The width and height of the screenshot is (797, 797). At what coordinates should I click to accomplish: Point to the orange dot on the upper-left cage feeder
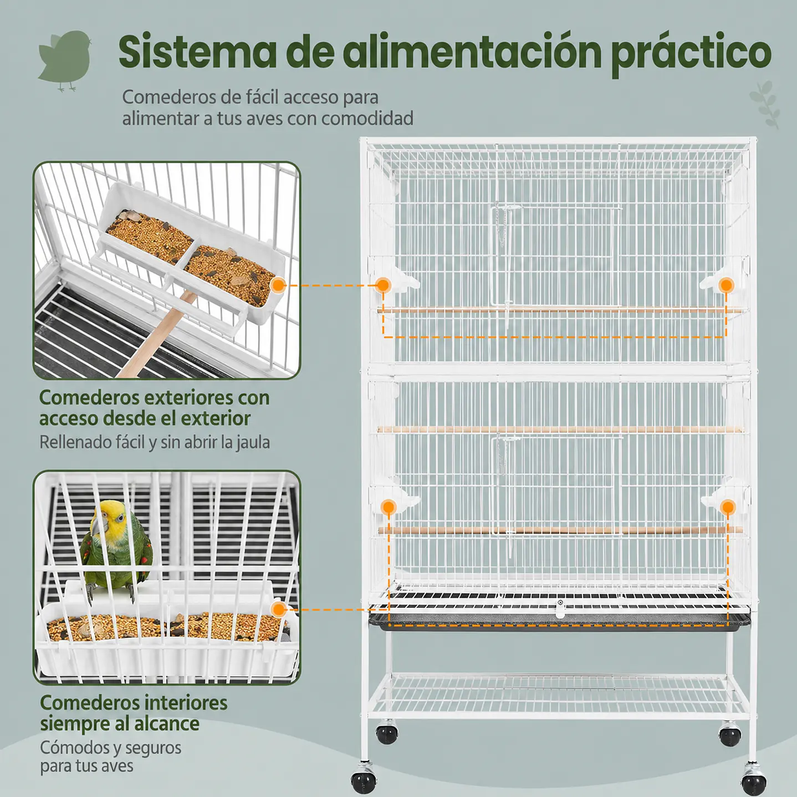pyautogui.click(x=383, y=285)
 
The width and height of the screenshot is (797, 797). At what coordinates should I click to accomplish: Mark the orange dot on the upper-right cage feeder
pyautogui.click(x=726, y=285)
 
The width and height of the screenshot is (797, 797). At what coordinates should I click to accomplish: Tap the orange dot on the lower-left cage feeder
pyautogui.click(x=389, y=507)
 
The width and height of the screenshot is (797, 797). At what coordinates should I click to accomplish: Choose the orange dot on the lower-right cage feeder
pyautogui.click(x=728, y=507)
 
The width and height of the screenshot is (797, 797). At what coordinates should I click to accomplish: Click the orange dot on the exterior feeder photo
pyautogui.click(x=278, y=285)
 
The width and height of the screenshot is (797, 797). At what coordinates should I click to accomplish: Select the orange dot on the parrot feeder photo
pyautogui.click(x=279, y=610)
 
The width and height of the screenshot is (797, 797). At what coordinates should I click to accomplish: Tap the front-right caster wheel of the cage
pyautogui.click(x=754, y=781)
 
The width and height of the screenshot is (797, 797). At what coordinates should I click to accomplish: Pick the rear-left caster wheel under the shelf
pyautogui.click(x=387, y=734)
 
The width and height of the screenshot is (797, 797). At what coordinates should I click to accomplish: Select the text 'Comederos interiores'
pyautogui.click(x=134, y=703)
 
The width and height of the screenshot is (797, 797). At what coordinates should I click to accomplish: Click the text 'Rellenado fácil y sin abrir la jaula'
pyautogui.click(x=155, y=442)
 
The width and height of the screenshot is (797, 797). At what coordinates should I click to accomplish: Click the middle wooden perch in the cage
pyautogui.click(x=560, y=430)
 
